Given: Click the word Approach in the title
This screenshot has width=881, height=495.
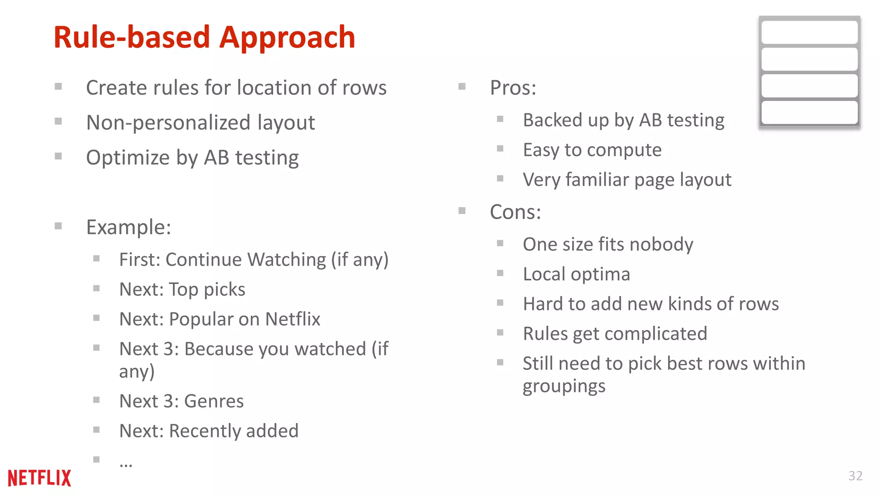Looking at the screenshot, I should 287,38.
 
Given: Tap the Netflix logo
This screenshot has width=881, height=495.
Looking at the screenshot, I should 40,478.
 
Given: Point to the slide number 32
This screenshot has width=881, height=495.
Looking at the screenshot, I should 855,476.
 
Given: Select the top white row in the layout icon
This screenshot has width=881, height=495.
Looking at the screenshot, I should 809,33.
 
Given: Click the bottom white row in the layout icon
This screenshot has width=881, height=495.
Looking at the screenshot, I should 809,113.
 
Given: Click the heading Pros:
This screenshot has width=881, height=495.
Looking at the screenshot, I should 513,88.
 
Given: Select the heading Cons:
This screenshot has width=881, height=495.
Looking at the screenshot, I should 515,212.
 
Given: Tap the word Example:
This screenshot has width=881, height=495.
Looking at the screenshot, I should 129,227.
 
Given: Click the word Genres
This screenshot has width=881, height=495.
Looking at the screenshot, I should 214,401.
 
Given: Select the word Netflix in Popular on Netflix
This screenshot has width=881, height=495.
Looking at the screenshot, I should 293,319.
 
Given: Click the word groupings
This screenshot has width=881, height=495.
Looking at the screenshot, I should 564,386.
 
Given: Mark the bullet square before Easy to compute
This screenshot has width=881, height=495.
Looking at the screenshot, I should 500,149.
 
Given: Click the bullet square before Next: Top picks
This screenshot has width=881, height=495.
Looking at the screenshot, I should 96,288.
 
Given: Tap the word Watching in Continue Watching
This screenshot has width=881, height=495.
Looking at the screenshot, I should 286,260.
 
